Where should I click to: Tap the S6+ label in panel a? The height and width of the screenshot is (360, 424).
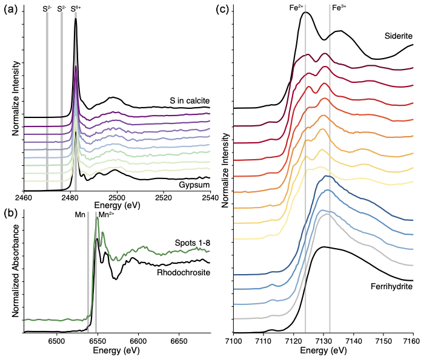[x=76, y=8]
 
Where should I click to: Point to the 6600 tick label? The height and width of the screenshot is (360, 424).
[x=139, y=342]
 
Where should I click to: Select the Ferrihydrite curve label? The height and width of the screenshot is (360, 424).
[x=390, y=282]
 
